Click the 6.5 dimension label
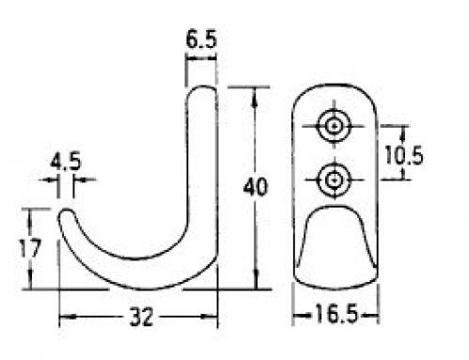point(201,39)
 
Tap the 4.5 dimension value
point(66,162)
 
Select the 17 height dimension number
point(30,248)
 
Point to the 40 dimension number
point(256,187)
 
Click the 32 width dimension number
point(142,317)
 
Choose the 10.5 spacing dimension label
point(404,155)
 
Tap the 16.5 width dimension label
point(336,314)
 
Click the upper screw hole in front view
point(334,127)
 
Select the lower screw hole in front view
point(334,180)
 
